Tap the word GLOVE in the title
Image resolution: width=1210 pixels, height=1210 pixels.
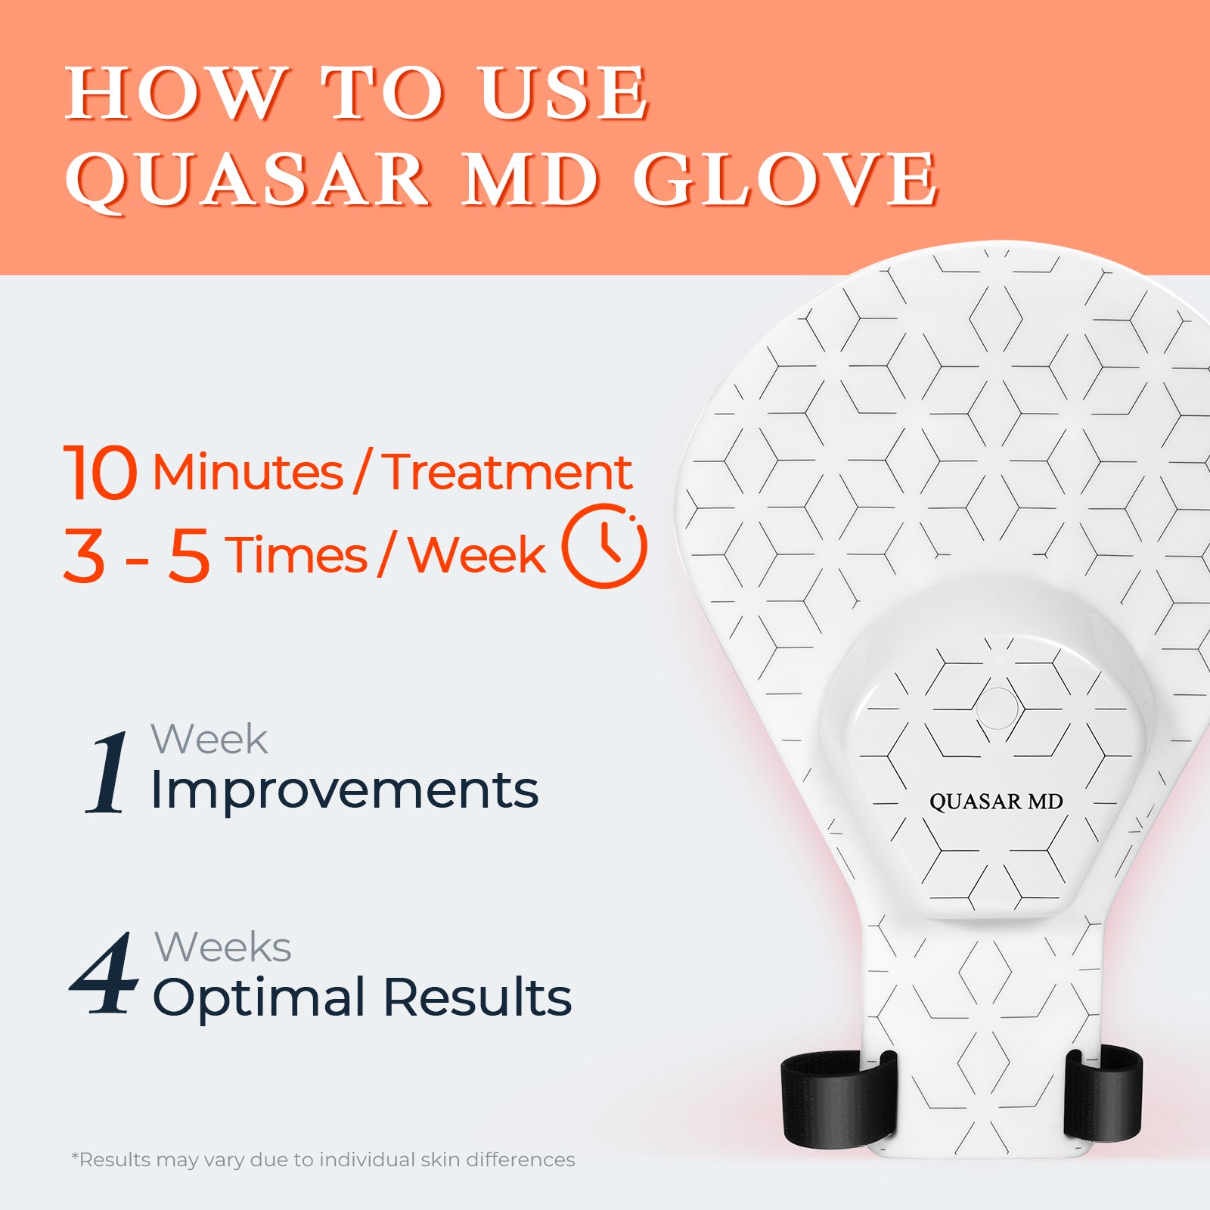786,179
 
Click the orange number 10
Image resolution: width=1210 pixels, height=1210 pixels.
100,472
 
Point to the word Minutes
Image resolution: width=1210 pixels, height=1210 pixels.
248,472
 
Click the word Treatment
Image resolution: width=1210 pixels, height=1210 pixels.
507,472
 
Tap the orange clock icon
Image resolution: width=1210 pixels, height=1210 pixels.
604,545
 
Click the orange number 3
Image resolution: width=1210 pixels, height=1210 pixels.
84,555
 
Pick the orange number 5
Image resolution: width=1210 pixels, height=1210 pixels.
189,555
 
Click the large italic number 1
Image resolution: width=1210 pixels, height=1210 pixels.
108,772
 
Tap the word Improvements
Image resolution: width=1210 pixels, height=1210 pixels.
345,790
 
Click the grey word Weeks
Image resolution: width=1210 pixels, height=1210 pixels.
223,947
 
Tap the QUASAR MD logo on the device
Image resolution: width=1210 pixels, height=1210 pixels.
996,802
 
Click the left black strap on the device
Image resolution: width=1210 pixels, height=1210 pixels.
838,1097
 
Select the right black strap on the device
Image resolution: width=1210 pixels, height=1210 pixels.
1103,1094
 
